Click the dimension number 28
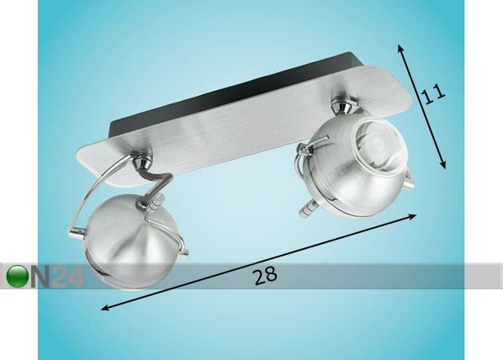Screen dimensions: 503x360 266,276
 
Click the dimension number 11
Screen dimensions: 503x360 432,93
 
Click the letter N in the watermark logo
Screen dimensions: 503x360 40,276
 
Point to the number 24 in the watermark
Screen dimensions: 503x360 67,276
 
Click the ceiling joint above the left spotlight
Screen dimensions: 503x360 143,162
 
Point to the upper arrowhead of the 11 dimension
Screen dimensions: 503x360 400,48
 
